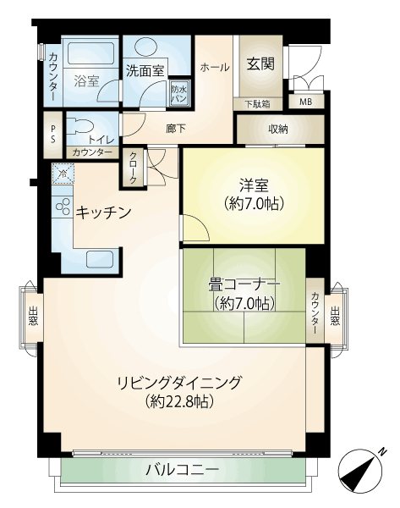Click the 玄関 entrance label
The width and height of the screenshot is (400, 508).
pos(260,63)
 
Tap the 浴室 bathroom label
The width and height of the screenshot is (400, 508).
pos(86,80)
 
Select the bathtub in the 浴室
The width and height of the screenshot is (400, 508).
pos(91,53)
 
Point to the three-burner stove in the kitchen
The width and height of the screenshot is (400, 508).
pos(63,207)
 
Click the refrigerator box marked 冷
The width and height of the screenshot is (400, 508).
pos(63,174)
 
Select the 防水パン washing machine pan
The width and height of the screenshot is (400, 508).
pos(179,94)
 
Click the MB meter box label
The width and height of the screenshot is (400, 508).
pos(306,102)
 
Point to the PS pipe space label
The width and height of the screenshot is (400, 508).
pos(52,134)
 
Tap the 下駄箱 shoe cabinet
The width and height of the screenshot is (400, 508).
pos(258,104)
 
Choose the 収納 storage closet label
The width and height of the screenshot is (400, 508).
pos(278,130)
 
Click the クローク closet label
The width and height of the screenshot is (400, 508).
pos(133,168)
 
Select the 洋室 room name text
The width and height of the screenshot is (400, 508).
pos(254,186)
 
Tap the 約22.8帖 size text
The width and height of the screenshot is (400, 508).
pos(179,401)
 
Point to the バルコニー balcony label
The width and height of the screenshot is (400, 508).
pos(182,469)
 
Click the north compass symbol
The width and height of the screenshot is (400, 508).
pos(359,471)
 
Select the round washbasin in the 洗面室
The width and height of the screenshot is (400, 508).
pos(145,49)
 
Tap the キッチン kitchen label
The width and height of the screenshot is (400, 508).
pos(103,213)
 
